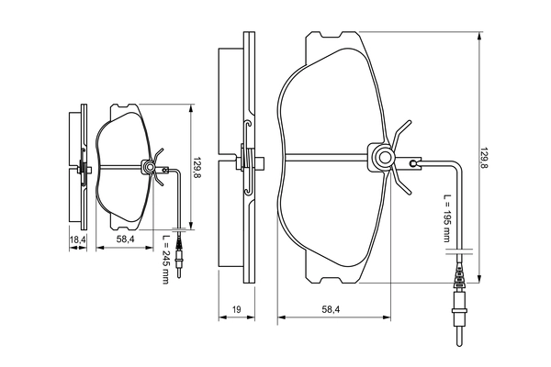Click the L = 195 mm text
coord(447,219)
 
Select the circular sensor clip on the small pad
coord(147,167)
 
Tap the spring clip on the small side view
coord(83,168)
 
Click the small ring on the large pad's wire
coord(415,164)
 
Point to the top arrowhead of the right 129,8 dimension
coord(478,38)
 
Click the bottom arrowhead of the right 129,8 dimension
coord(478,281)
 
